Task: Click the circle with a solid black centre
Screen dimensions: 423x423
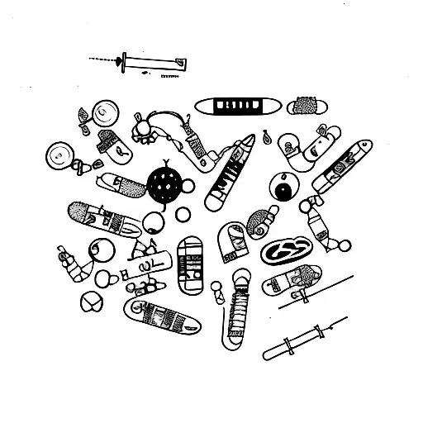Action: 283,191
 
